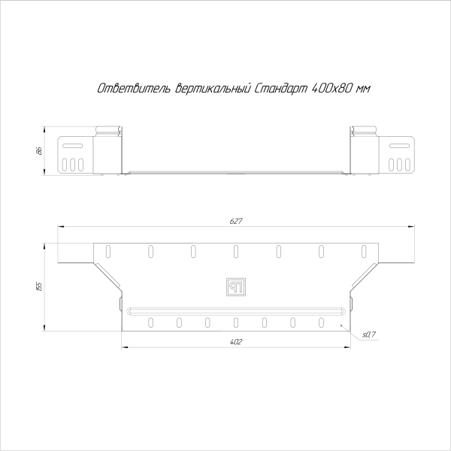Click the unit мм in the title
click(x=364, y=89)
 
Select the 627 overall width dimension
click(x=235, y=221)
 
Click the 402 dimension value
click(x=235, y=342)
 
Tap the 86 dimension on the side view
click(x=38, y=151)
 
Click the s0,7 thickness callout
click(x=368, y=334)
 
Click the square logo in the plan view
click(x=235, y=287)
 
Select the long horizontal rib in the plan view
click(x=235, y=310)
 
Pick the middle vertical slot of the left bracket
click(x=72, y=164)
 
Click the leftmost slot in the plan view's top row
click(x=107, y=250)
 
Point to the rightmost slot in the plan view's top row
click(x=364, y=250)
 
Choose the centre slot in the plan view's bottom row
click(x=235, y=323)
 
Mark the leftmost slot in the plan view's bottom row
click(x=150, y=323)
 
